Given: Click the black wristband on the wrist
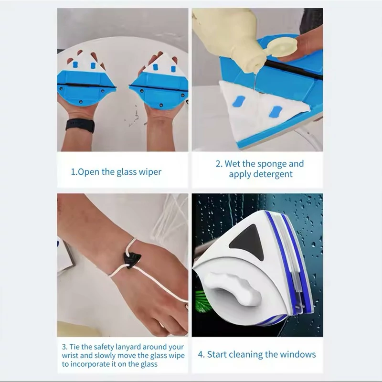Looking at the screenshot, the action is [x=80, y=126].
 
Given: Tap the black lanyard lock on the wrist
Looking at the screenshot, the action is [x=132, y=260].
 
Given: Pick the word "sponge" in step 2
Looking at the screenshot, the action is [x=272, y=164].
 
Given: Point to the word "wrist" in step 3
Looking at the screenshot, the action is [x=70, y=355].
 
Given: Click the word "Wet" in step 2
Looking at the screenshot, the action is [x=232, y=164].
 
